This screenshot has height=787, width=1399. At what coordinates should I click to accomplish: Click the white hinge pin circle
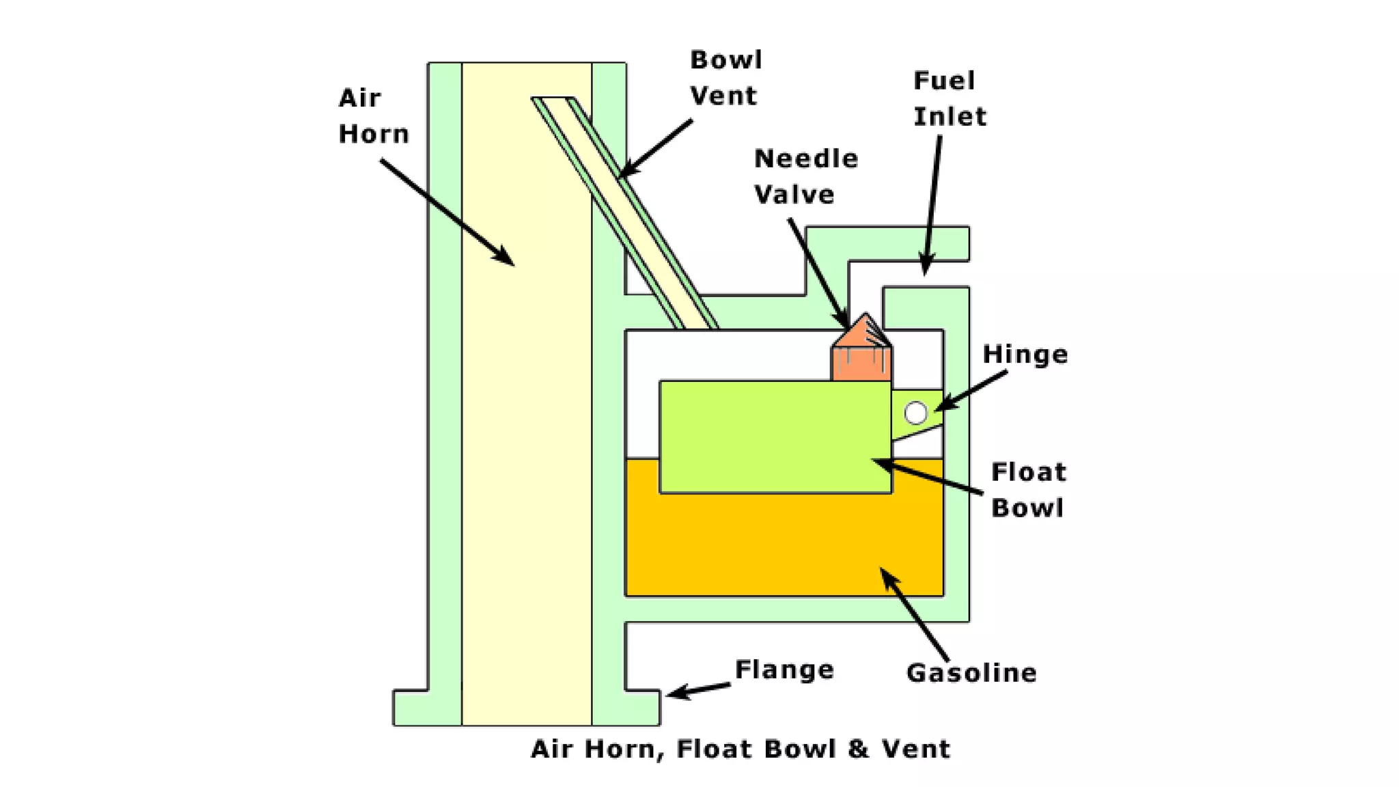point(915,413)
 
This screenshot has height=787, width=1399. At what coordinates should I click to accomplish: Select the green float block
point(775,437)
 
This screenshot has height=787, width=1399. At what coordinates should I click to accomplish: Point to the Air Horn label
point(373,115)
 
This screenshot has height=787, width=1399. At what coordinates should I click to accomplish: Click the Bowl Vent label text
point(725,77)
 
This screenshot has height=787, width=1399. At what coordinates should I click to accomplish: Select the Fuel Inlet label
point(950,98)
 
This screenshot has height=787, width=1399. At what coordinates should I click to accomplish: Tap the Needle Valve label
point(805,176)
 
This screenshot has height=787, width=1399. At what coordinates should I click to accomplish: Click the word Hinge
point(1025,355)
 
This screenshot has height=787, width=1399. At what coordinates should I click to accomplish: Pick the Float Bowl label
point(1028,490)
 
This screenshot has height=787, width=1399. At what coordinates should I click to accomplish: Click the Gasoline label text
point(971,673)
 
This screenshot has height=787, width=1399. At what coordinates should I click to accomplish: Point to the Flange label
point(784,669)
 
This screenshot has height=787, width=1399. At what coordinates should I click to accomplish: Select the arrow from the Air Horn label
point(447,212)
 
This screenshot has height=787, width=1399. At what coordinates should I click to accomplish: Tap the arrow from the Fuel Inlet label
point(932,205)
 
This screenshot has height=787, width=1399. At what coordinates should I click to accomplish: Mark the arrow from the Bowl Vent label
point(655,148)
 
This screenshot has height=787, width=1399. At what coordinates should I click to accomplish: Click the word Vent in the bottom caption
point(915,749)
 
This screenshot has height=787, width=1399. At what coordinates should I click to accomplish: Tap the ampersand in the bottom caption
point(858,749)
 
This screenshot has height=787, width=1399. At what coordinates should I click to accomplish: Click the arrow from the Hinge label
point(971,391)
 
